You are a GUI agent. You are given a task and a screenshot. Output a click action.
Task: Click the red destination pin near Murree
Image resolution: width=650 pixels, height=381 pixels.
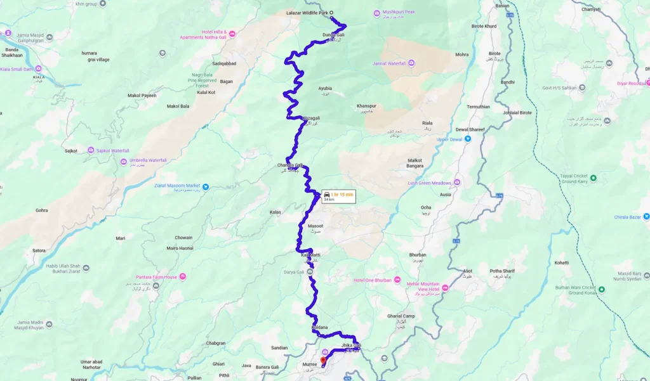323,361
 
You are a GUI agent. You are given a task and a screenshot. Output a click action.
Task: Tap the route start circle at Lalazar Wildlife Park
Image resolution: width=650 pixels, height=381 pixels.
331,13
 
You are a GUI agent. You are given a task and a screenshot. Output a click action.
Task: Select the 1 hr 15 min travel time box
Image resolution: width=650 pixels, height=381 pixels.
338,196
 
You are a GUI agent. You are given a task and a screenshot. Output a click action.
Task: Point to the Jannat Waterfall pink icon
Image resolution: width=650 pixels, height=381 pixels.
411,62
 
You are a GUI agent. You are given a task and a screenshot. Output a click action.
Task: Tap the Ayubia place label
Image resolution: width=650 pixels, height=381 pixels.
324,89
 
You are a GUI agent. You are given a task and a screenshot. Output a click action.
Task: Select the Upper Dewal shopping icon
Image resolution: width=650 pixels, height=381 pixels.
467,139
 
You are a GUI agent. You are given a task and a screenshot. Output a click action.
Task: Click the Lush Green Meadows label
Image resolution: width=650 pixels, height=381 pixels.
429,183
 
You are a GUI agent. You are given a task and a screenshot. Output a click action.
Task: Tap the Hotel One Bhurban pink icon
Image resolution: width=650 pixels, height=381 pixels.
397,280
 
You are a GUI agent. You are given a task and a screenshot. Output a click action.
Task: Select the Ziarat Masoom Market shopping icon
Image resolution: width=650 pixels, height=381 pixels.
205,186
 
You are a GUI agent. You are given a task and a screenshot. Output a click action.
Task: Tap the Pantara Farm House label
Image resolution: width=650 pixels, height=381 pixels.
156,277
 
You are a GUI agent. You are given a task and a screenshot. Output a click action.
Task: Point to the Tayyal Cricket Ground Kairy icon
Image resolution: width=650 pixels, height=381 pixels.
594,178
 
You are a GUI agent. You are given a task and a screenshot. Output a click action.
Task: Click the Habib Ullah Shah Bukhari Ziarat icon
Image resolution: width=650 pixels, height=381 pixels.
86,268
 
